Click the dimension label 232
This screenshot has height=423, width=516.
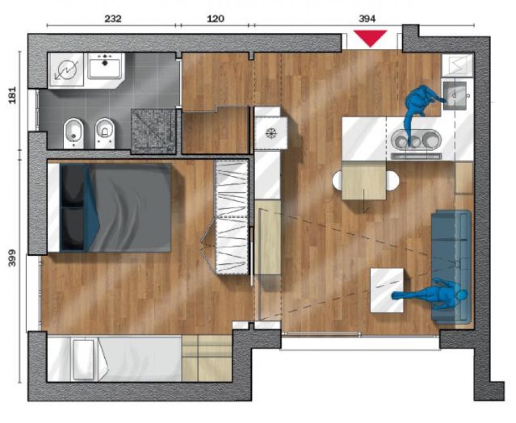pyautogui.click(x=113, y=18)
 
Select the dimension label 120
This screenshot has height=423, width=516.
pyautogui.click(x=215, y=18)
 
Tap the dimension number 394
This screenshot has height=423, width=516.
pyautogui.click(x=367, y=19)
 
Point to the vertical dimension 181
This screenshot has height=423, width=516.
pyautogui.click(x=12, y=95)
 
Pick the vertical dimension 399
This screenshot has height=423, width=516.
pyautogui.click(x=12, y=258)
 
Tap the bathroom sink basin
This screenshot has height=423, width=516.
pyautogui.click(x=105, y=66)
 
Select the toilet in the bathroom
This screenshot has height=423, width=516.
pyautogui.click(x=105, y=133)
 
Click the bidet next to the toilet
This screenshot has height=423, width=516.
pyautogui.click(x=74, y=133)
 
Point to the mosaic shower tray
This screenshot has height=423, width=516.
pyautogui.click(x=153, y=132)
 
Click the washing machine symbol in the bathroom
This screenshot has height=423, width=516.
pyautogui.click(x=67, y=70)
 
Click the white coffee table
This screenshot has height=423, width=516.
pyautogui.click(x=387, y=290)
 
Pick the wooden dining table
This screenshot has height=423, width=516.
pyautogui.click(x=364, y=180)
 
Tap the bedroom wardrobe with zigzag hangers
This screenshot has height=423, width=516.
pyautogui.click(x=231, y=217)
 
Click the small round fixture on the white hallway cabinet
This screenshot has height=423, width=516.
pyautogui.click(x=271, y=134)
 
